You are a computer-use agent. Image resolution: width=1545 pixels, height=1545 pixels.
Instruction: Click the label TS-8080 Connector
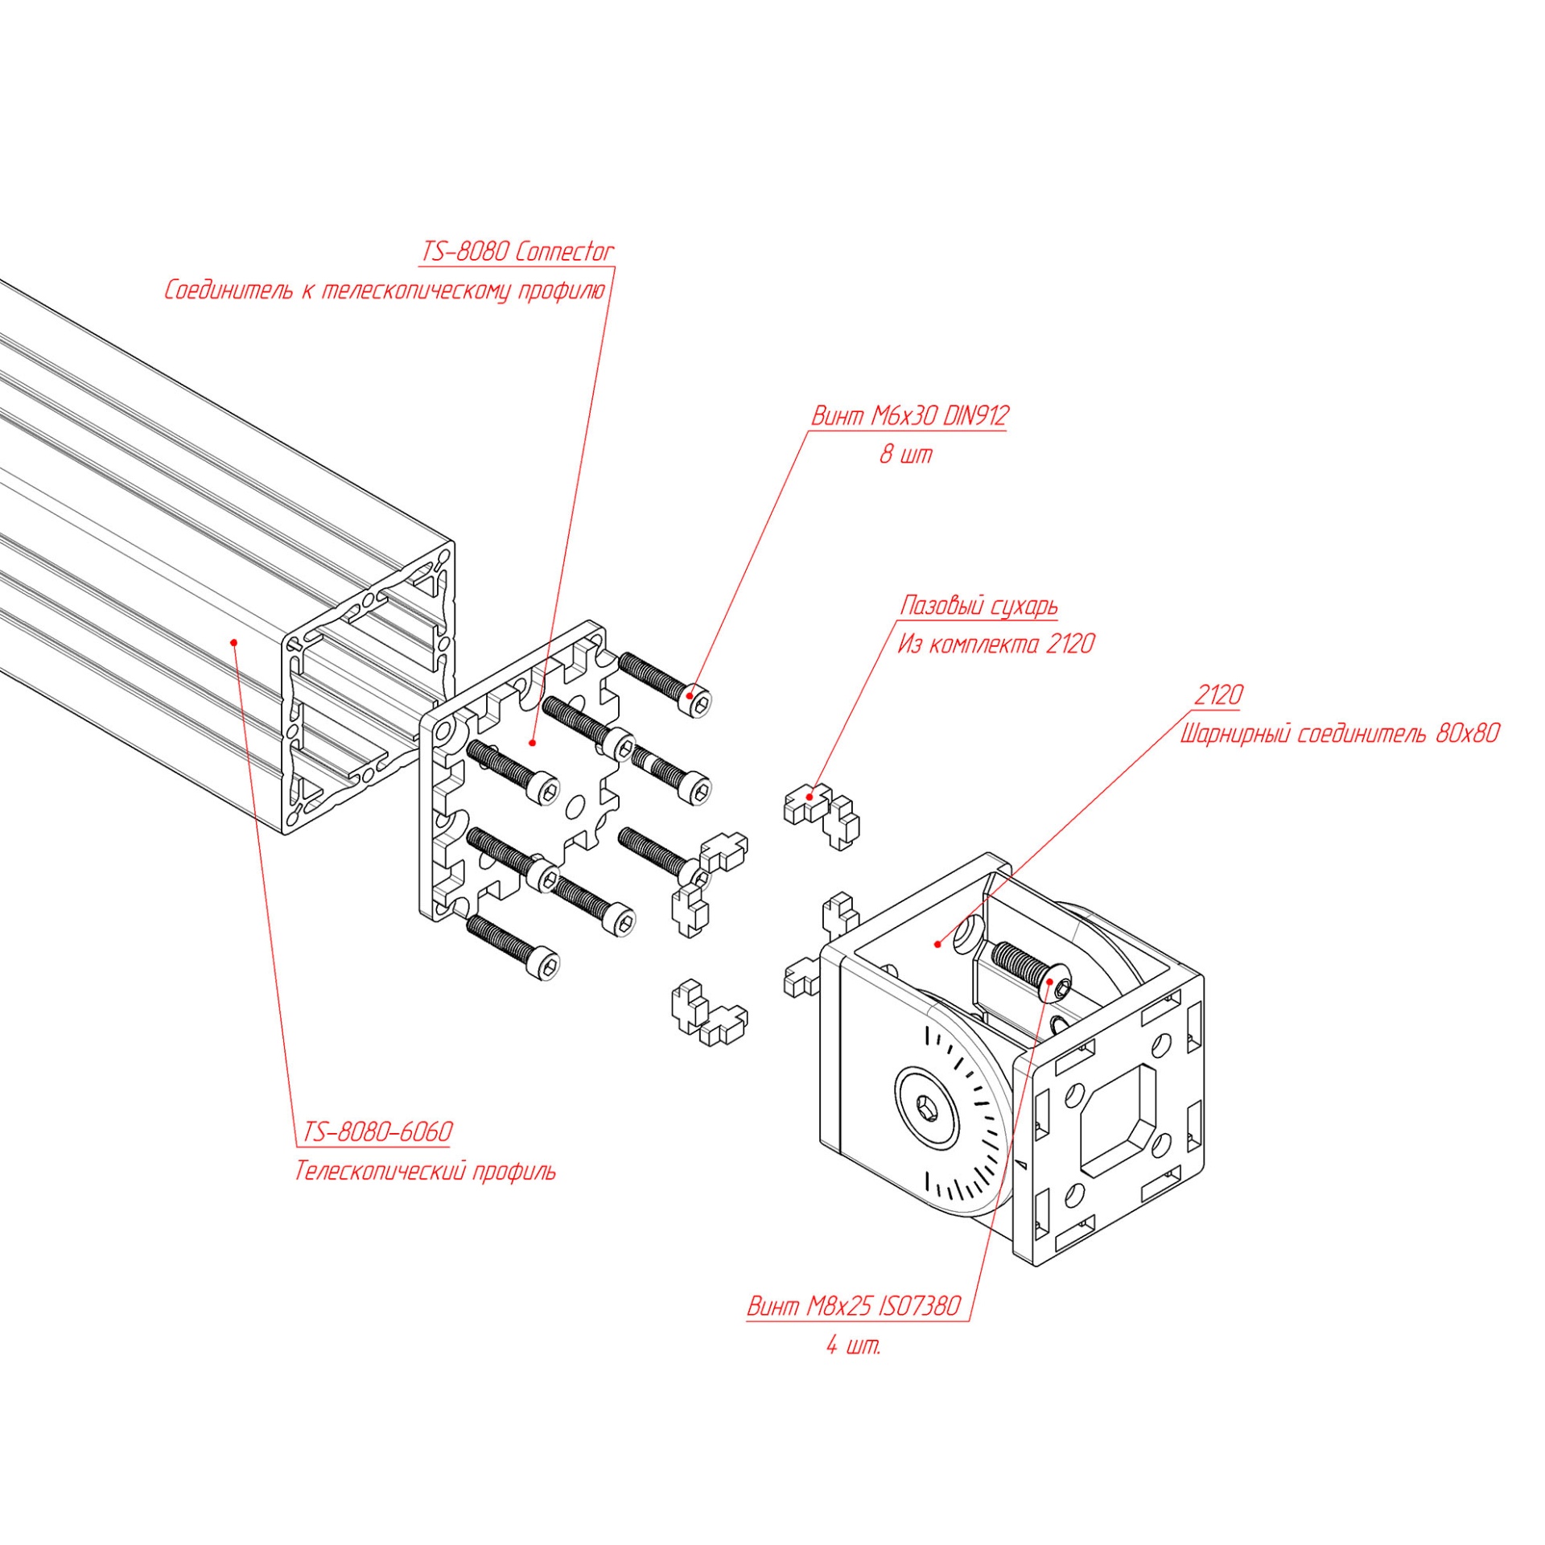[517, 252]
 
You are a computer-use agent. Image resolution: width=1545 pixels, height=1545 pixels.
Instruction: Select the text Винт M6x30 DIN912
[909, 416]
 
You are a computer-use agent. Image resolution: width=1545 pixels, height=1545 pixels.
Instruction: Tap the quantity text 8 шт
[906, 454]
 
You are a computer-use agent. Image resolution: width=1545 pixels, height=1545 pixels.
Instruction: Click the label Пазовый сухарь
[978, 606]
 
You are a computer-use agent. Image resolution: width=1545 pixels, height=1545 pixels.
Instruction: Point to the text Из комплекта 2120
[996, 644]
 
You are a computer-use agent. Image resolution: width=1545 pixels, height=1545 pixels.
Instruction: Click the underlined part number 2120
[1218, 695]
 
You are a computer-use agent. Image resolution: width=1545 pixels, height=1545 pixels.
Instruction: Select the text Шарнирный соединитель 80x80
[1340, 734]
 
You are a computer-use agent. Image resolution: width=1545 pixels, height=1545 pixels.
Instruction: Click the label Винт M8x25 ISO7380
[854, 1306]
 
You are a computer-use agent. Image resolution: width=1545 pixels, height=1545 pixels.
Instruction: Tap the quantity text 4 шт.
[854, 1345]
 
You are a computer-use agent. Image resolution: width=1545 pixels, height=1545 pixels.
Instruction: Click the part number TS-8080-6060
[377, 1132]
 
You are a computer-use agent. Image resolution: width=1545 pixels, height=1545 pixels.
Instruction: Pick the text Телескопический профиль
[425, 1171]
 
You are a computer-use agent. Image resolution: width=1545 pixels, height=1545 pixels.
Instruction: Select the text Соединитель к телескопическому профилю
[385, 290]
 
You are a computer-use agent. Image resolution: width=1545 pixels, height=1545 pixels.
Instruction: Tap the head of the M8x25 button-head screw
[1057, 985]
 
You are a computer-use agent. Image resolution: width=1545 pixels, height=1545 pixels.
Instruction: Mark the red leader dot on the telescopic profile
[233, 641]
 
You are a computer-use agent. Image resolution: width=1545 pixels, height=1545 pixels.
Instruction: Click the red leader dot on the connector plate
[532, 742]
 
